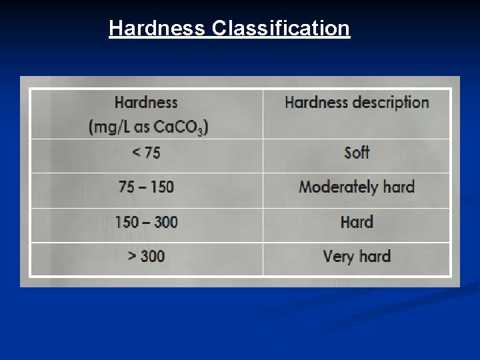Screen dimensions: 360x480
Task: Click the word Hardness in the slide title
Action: (x=157, y=29)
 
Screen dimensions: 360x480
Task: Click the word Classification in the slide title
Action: (x=281, y=29)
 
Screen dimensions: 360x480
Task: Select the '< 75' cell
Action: (x=146, y=153)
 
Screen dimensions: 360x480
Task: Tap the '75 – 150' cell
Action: (x=146, y=187)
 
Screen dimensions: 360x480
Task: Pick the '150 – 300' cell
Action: (x=146, y=222)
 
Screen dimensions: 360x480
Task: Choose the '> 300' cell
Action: (x=146, y=256)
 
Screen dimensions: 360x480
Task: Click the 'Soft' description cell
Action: (x=357, y=153)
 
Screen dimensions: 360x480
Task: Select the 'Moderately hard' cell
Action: (x=357, y=187)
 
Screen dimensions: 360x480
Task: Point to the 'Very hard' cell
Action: (x=357, y=256)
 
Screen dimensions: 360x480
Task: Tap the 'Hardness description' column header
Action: (x=357, y=103)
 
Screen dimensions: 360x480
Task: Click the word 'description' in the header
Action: (x=391, y=103)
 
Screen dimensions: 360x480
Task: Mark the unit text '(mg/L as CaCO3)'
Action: (x=149, y=127)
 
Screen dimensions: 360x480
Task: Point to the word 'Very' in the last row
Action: (x=337, y=257)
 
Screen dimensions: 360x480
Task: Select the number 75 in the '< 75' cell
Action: (x=151, y=153)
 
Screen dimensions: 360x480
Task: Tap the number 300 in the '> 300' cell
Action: (x=153, y=256)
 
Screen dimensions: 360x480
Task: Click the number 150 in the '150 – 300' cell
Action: (x=127, y=222)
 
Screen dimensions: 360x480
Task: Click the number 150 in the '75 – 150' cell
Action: (x=161, y=187)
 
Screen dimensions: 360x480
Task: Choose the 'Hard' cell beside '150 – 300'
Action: (x=357, y=222)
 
